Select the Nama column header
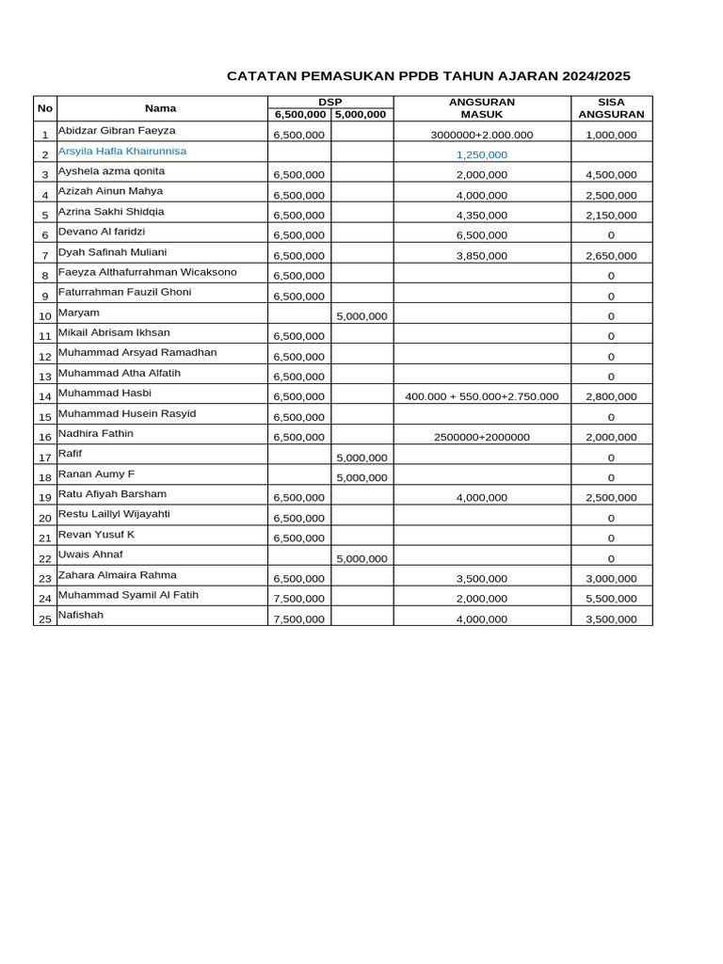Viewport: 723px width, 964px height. tap(160, 108)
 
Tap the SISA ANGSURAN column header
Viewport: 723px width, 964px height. tap(611, 108)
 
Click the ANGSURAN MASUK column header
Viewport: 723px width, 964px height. tap(481, 108)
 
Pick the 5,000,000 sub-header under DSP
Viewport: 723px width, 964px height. tap(361, 115)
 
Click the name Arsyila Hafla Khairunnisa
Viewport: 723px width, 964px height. tap(122, 151)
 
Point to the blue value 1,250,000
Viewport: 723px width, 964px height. tap(481, 154)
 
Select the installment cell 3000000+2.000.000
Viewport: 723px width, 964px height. tap(481, 135)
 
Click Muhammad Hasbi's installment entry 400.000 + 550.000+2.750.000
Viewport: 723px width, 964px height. tap(481, 396)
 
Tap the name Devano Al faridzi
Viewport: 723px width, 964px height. tap(102, 232)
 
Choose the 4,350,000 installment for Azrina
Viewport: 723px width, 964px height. tap(481, 216)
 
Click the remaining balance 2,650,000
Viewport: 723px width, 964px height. tap(611, 256)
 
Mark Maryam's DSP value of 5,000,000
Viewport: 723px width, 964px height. tap(361, 316)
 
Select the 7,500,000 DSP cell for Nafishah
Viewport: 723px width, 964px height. tap(299, 619)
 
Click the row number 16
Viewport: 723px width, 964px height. tap(44, 438)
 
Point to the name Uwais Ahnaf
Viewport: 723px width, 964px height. tap(90, 554)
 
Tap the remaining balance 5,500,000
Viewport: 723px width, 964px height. tap(611, 599)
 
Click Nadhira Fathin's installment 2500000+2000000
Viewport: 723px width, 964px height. tap(481, 438)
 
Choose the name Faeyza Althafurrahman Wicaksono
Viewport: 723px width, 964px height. tap(148, 272)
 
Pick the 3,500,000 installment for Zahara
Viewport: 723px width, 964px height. tap(481, 579)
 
